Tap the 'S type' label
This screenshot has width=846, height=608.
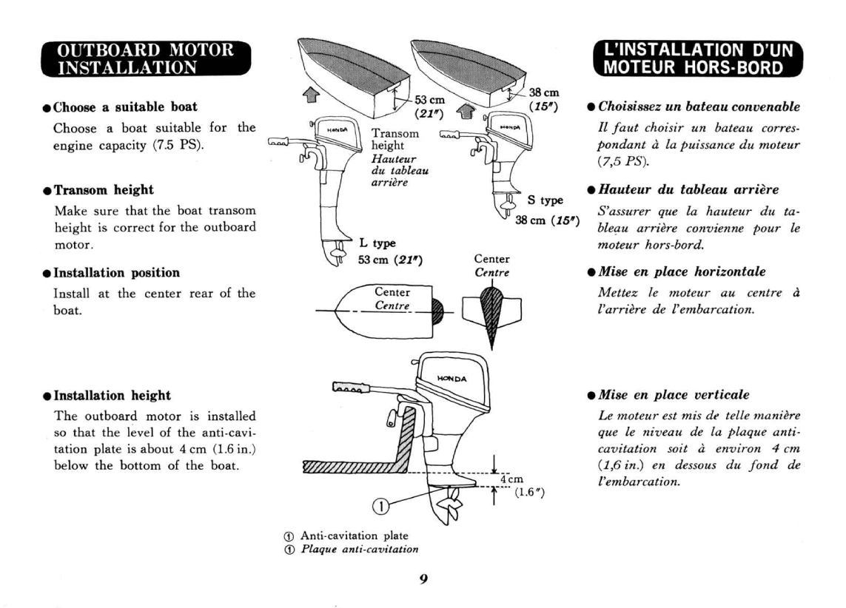click(x=543, y=200)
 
